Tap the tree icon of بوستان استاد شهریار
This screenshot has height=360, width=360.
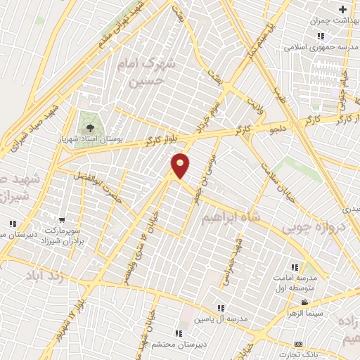[89, 127]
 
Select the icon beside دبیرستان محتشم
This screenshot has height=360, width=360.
[179, 333]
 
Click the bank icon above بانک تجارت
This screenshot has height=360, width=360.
[299, 344]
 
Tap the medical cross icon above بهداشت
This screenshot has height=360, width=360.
[342, 10]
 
